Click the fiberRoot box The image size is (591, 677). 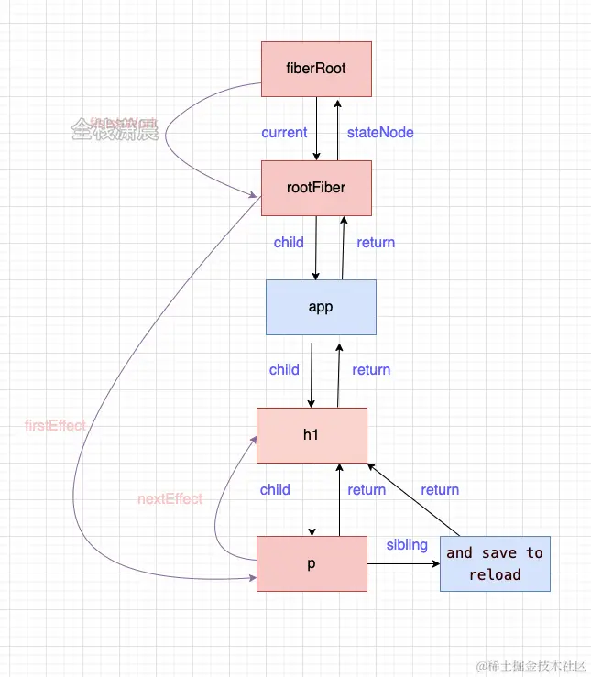316,69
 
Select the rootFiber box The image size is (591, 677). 316,188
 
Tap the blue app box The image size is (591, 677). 321,307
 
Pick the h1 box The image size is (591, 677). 312,435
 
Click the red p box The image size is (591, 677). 312,563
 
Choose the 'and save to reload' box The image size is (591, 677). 495,563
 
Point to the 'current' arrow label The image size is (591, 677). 284,132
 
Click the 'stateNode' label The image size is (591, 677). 380,132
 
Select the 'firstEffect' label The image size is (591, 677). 56,426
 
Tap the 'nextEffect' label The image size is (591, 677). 170,499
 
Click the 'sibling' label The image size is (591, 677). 407,545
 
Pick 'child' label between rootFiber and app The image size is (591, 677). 289,243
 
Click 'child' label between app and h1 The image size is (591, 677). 284,370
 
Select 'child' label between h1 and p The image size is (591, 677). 275,490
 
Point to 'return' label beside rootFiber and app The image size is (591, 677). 376,243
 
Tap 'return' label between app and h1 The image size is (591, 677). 371,370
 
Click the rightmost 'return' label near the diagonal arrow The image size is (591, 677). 440,490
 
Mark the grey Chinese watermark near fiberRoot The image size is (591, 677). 115,130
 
